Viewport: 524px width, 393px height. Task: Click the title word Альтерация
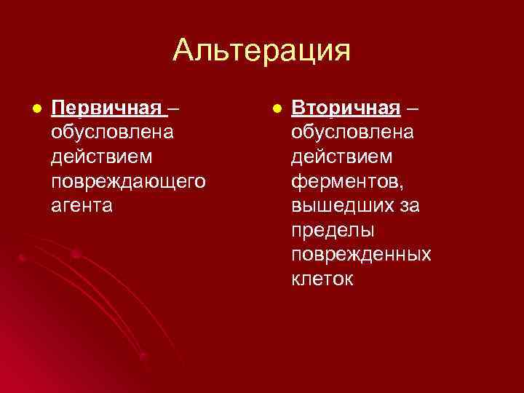pos(261,51)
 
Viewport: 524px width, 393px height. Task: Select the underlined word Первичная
pos(107,108)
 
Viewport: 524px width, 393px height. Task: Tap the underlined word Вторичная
pos(346,108)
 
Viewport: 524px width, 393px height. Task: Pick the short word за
pos(409,206)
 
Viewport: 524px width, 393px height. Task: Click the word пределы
pos(332,230)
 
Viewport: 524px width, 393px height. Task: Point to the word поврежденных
pos(361,255)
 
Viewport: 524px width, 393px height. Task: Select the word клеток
pos(323,279)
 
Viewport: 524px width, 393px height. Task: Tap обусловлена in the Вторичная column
pos(353,133)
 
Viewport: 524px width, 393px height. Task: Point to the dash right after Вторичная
pos(413,109)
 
